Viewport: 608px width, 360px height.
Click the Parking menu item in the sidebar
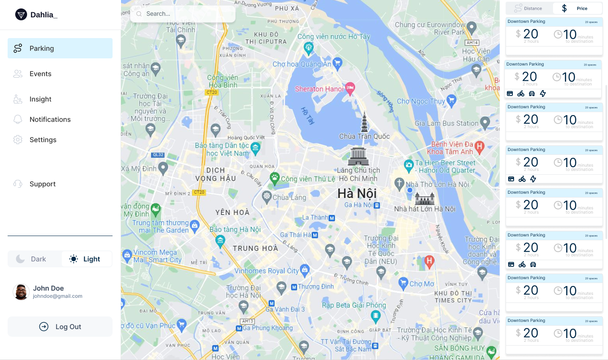60,48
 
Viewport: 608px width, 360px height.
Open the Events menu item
40,74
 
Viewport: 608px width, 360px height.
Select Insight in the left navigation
40,99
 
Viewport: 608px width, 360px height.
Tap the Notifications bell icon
18,119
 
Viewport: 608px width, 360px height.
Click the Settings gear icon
18,140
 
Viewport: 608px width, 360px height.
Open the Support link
42,184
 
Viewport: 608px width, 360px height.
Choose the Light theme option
87,259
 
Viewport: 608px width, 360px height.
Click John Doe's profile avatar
21,292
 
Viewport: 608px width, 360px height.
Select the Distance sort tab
529,8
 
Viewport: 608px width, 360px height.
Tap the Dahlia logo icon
21,15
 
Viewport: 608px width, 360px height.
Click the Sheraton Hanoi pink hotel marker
350,88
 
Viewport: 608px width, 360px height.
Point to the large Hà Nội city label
357,193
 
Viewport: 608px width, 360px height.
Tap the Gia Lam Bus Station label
446,124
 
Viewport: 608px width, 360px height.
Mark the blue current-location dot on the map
410,190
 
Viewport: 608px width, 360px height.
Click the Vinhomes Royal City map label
267,271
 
